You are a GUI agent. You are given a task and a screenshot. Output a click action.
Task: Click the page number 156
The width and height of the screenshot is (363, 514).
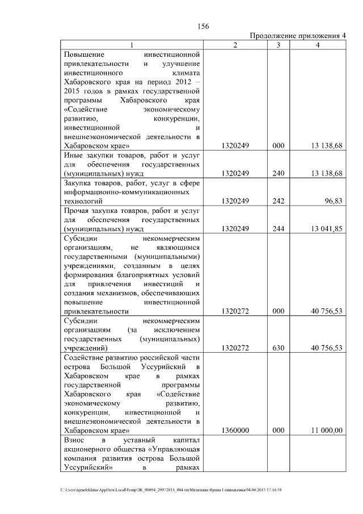pyautogui.click(x=204, y=26)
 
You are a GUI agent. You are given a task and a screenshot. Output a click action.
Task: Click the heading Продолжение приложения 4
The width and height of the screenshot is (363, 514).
pyautogui.click(x=298, y=36)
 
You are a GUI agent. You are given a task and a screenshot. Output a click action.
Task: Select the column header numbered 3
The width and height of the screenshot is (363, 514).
pyautogui.click(x=278, y=45)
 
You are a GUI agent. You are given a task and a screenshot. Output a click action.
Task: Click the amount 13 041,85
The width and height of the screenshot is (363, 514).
pyautogui.click(x=326, y=231)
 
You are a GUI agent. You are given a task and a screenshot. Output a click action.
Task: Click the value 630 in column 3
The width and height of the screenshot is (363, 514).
pyautogui.click(x=278, y=348)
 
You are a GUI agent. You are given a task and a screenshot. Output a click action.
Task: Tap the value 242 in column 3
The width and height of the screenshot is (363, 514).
pyautogui.click(x=278, y=201)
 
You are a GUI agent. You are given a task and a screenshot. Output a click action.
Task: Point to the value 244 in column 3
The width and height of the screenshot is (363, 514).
pyautogui.click(x=278, y=231)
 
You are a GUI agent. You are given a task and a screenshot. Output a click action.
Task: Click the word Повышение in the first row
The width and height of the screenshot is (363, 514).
pyautogui.click(x=83, y=54)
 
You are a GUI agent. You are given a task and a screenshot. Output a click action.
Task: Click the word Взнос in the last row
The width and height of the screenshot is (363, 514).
pyautogui.click(x=75, y=440)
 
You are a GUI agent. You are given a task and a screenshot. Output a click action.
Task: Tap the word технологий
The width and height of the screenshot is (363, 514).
pyautogui.click(x=83, y=201)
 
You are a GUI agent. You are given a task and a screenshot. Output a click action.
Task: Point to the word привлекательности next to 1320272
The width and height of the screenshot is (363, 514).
pyautogui.click(x=96, y=311)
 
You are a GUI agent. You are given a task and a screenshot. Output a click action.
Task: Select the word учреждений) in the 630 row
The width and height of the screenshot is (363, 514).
pyautogui.click(x=85, y=348)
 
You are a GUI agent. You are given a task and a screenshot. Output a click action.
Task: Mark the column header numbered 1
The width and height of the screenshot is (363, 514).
pyautogui.click(x=132, y=45)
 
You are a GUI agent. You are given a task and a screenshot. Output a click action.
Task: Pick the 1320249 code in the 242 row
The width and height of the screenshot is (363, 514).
pyautogui.click(x=236, y=201)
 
